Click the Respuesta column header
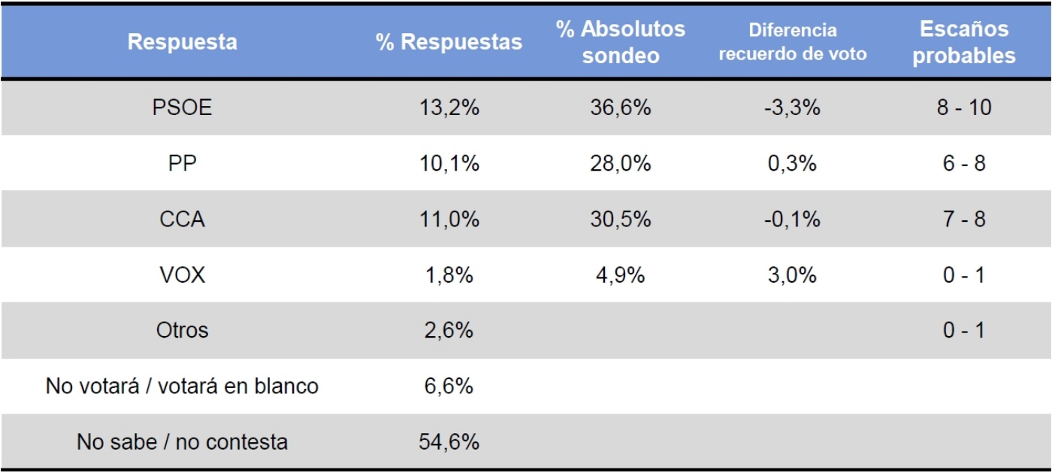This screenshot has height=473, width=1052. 183,42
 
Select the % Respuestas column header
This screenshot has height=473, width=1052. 449,42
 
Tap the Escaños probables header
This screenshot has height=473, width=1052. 964,42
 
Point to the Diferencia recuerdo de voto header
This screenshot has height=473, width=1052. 792,42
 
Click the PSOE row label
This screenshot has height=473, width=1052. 183,108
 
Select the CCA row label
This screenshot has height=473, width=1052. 183,220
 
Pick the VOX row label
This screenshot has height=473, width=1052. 183,275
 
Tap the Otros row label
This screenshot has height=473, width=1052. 183,330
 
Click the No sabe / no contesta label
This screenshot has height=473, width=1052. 183,441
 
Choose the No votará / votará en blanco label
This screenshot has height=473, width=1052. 183,387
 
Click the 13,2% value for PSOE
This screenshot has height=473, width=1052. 449,108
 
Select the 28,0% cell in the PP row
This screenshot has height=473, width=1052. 620,164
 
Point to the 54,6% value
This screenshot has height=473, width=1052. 449,441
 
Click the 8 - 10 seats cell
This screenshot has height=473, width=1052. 964,108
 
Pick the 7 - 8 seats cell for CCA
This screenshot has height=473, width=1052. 964,220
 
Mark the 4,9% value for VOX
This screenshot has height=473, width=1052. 620,275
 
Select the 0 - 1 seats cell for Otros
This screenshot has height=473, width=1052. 964,330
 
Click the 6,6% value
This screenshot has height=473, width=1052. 449,387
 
